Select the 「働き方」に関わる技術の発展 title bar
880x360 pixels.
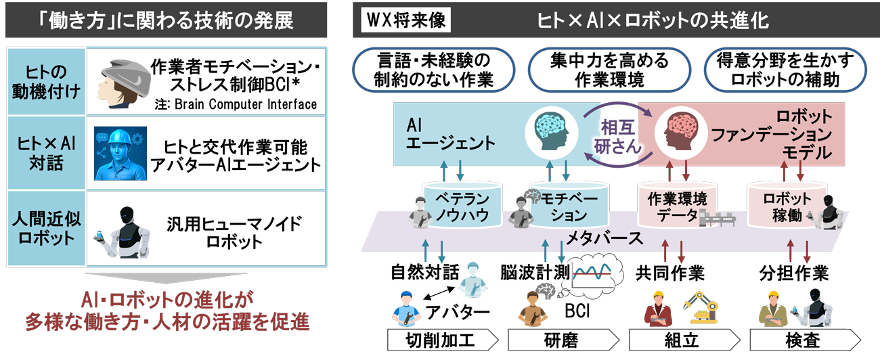(166, 20)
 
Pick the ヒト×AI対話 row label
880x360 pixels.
(46, 153)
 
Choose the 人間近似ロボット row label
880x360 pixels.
(46, 231)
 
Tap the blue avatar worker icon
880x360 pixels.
(119, 153)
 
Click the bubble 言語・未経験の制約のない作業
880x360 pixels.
(433, 69)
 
